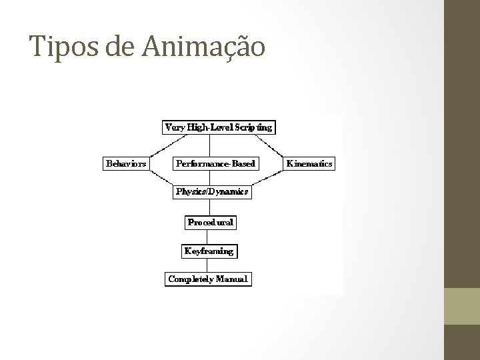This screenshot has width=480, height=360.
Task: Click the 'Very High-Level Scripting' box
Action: [x=219, y=127]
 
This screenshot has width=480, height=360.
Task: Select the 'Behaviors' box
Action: [x=126, y=163]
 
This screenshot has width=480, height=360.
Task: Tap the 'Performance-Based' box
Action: [x=215, y=163]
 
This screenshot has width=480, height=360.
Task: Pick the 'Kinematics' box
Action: [x=309, y=163]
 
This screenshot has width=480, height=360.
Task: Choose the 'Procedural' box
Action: [x=211, y=222]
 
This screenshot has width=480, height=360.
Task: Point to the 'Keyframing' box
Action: [x=209, y=251]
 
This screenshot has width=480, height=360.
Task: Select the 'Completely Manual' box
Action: [x=208, y=279]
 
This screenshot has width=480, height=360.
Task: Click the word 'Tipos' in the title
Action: [x=59, y=46]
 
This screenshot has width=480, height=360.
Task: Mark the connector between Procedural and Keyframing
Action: [x=209, y=237]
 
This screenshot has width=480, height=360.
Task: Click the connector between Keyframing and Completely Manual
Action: [x=209, y=265]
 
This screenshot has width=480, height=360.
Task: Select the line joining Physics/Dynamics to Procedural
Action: [x=209, y=207]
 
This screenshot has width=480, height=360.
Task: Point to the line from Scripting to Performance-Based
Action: [x=211, y=145]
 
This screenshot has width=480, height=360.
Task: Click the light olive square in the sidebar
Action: [x=461, y=306]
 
